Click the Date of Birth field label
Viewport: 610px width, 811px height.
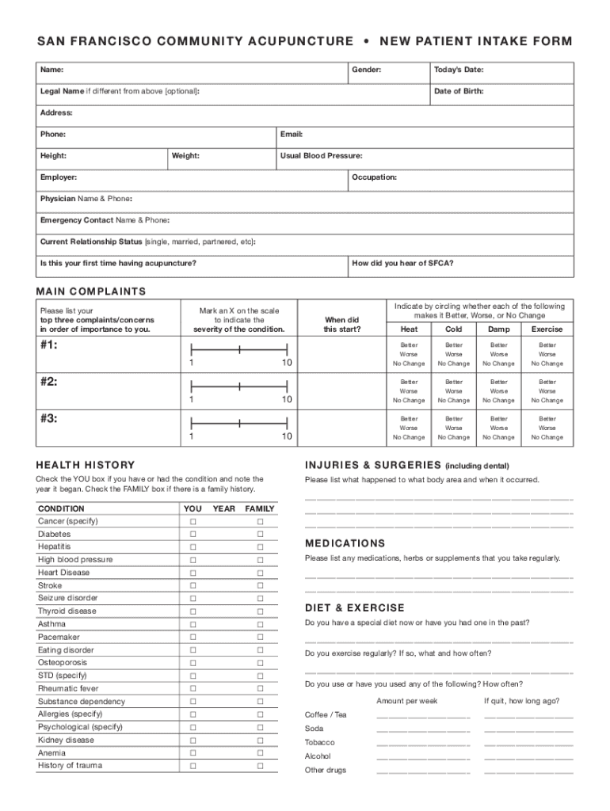[459, 91]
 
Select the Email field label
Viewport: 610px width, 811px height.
[292, 135]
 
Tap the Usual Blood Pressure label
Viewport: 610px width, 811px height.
[321, 156]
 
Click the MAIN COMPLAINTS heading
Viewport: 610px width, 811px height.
[91, 291]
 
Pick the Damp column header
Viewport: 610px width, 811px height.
[499, 329]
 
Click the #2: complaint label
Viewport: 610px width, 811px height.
[48, 382]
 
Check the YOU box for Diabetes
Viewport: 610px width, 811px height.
[192, 535]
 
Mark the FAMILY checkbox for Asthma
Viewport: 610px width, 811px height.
[260, 625]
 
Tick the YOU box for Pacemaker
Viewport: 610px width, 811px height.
[192, 638]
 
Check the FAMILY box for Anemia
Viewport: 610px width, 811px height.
[260, 754]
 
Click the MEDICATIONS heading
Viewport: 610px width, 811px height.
[345, 543]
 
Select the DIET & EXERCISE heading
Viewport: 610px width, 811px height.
[355, 608]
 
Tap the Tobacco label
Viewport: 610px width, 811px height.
[319, 743]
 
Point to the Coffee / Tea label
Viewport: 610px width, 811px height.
[326, 715]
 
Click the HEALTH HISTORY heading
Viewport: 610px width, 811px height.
[86, 465]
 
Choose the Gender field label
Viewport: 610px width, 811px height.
[367, 70]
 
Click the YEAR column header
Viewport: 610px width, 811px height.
[224, 508]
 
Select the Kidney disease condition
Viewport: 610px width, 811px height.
[66, 741]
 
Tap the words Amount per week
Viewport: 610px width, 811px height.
[407, 701]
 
